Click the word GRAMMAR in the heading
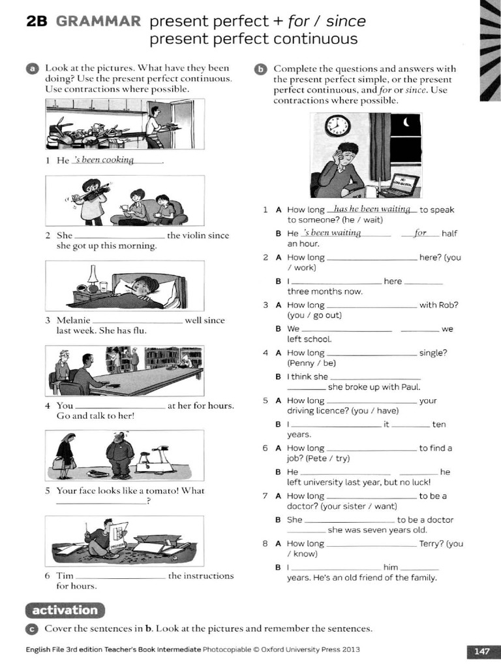click(98, 22)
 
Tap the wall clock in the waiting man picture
click(337, 125)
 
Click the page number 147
click(481, 651)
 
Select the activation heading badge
click(65, 610)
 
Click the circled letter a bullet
click(31, 69)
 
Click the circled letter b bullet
click(260, 69)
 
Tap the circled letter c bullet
click(31, 629)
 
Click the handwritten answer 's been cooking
click(104, 160)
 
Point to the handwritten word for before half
click(420, 233)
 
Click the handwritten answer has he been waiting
click(372, 209)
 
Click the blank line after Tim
click(121, 578)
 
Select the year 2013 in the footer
click(349, 650)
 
